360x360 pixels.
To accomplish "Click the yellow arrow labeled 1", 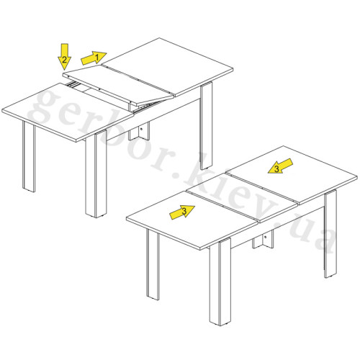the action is click(94, 58).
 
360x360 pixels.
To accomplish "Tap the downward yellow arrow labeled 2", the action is click(64, 57).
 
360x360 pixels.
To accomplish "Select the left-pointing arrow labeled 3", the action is click(280, 166).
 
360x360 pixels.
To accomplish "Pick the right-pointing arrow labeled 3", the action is click(182, 212).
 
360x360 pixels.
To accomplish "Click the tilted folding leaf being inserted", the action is click(118, 86).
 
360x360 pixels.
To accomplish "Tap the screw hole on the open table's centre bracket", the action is click(141, 129).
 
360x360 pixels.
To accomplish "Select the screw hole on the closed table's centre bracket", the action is click(265, 237).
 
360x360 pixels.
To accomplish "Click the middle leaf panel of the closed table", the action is click(242, 197).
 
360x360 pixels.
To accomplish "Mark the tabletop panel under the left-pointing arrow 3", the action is click(292, 174).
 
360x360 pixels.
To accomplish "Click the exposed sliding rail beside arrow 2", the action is click(73, 84).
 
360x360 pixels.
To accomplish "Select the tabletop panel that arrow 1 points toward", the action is click(167, 66).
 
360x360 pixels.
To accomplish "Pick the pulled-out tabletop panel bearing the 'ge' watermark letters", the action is click(68, 112).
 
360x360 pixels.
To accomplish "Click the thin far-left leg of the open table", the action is click(29, 156).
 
